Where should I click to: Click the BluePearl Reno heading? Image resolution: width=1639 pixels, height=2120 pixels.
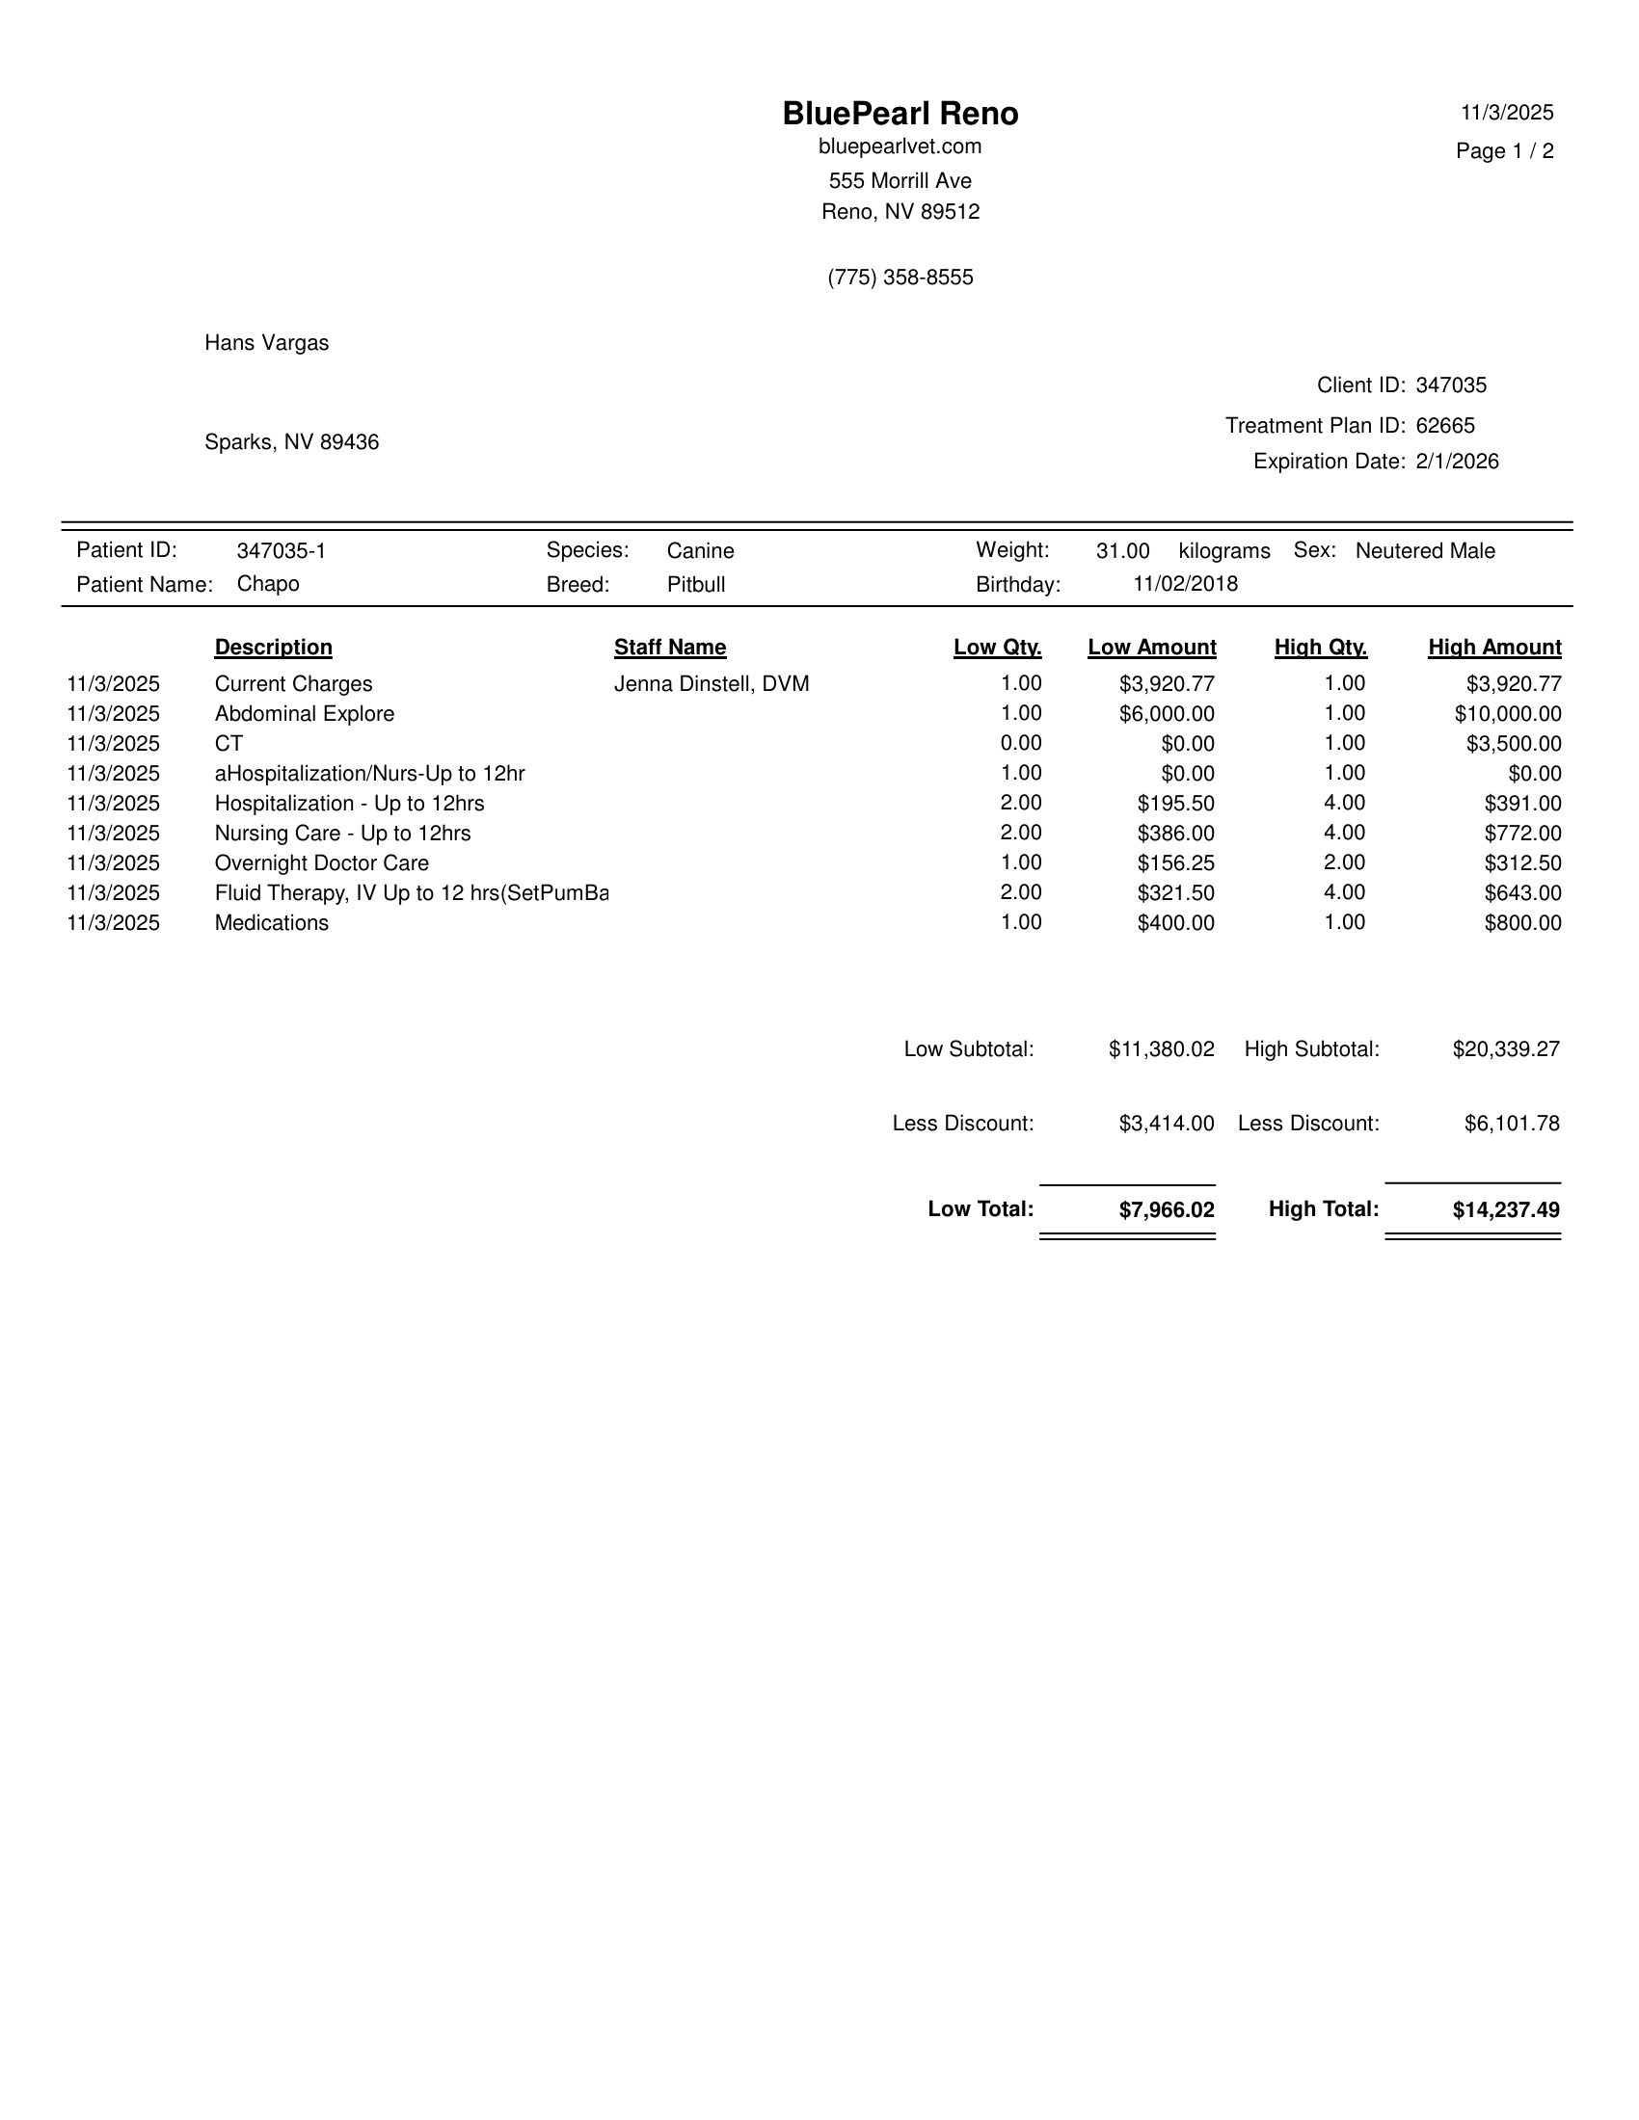pos(900,114)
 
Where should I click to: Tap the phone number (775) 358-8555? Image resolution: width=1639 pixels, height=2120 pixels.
pos(900,278)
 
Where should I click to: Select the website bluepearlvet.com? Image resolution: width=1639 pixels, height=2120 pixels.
pos(900,146)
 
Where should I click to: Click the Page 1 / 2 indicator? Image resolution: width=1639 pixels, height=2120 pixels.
pos(1504,151)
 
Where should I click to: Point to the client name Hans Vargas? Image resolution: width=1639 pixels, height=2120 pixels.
pos(266,344)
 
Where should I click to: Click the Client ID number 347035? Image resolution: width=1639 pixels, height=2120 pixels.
pos(1451,385)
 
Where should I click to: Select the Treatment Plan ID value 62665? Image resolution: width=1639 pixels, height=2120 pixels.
pos(1445,426)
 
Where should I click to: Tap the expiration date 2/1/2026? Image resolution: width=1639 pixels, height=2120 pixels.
pos(1457,462)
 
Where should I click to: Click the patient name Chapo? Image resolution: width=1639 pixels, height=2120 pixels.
pos(268,584)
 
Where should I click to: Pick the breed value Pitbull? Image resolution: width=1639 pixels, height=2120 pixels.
pos(696,585)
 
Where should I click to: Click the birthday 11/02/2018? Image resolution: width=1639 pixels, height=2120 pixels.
pos(1186,584)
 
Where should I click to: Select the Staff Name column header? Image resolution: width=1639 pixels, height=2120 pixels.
pos(670,648)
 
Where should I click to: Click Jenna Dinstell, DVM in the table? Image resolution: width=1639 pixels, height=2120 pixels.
pos(712,684)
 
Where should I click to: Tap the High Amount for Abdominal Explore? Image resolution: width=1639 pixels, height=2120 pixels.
pos(1508,714)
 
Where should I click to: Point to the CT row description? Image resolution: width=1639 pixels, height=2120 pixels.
pos(229,745)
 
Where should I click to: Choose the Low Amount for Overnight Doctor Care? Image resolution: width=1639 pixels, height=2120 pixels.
pos(1176,864)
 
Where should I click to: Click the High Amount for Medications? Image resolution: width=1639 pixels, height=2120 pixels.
pos(1522,923)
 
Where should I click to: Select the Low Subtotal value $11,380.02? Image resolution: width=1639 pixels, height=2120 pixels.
pos(1162,1049)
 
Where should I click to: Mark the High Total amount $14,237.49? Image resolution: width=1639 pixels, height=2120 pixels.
pos(1506,1210)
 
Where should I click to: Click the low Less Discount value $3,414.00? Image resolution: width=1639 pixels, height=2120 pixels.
pos(1167,1124)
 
